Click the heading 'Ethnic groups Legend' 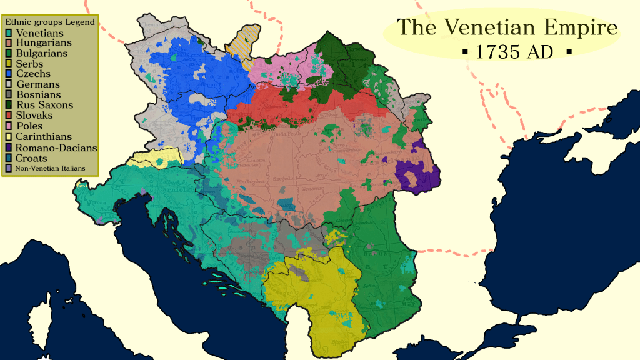[x=50, y=22]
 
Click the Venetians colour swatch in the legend [x=9, y=32]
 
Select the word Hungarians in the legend [x=44, y=43]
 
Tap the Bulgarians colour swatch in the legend [x=9, y=54]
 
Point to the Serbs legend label [x=30, y=64]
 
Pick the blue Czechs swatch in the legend [x=9, y=74]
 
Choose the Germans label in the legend [x=38, y=84]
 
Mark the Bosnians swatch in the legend [x=9, y=95]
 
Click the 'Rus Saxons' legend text [x=44, y=105]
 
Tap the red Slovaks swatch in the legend [x=9, y=116]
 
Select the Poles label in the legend [x=30, y=126]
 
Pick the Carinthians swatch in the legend [x=9, y=137]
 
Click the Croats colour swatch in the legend [x=9, y=158]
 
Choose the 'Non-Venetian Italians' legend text [x=52, y=168]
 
